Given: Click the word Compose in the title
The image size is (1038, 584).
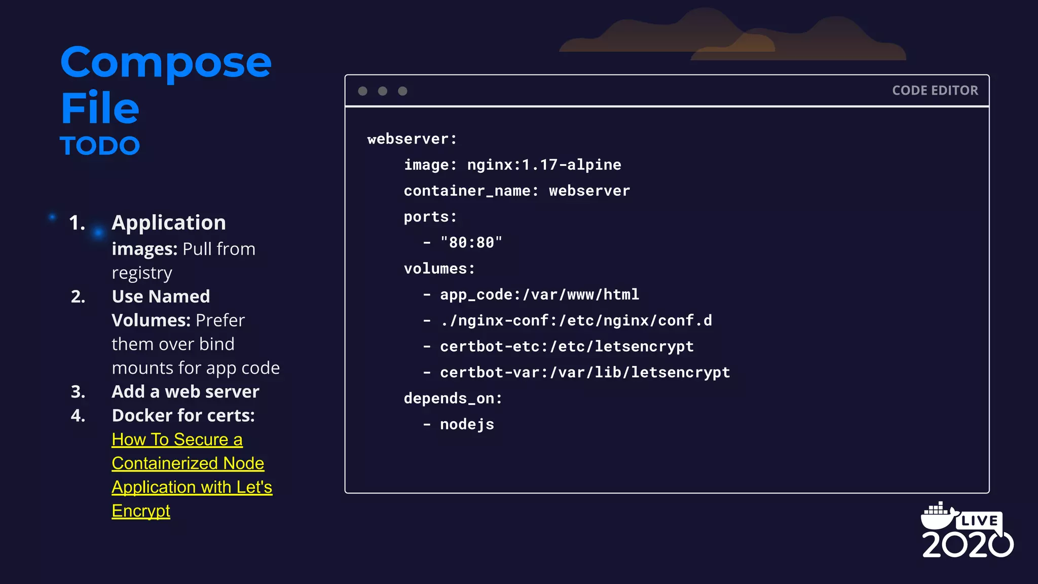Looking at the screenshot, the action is [166, 63].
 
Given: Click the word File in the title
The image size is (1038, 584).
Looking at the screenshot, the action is [100, 108].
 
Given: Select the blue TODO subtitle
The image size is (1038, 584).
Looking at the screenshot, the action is [100, 146].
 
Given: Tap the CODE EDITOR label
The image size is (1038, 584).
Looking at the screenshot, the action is [935, 91].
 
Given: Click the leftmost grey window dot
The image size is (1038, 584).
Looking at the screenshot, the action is [362, 91].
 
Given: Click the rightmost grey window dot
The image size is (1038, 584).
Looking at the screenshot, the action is [402, 91].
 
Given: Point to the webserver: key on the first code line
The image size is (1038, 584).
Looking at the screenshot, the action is [412, 139].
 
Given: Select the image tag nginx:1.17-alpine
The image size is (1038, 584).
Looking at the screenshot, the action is [544, 165].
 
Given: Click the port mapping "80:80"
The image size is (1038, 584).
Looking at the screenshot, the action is [471, 243].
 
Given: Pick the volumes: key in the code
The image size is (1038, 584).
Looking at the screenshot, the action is [439, 269].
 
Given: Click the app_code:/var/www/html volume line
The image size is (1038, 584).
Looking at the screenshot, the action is [539, 295].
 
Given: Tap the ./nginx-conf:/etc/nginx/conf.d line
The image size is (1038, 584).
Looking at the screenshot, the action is [576, 320].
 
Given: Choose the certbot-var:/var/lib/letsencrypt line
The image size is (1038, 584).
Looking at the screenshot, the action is [585, 373].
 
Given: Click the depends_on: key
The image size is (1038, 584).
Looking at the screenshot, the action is [453, 398].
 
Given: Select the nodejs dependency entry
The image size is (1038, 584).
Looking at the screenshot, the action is [467, 424].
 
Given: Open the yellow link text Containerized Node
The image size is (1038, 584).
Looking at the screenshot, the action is [188, 463].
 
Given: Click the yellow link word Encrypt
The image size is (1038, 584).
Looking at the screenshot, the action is [141, 511].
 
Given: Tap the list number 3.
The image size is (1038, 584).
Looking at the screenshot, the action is [78, 392].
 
